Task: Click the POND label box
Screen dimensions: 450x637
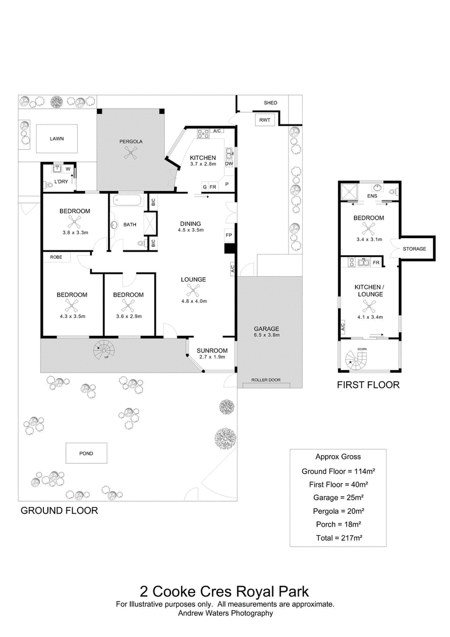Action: click(x=87, y=453)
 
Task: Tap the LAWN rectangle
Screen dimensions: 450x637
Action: click(x=57, y=139)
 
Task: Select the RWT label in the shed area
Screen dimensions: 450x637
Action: click(x=264, y=120)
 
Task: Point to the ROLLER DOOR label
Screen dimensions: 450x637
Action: click(x=265, y=380)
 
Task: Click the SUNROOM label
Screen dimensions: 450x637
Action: click(x=212, y=350)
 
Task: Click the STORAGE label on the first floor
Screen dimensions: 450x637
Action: click(x=415, y=248)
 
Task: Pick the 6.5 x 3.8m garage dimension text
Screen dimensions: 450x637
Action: click(x=267, y=335)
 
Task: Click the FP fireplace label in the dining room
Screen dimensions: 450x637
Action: click(x=228, y=235)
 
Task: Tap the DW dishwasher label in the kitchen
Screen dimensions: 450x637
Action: click(x=229, y=164)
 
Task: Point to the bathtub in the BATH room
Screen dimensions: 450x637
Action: click(x=128, y=201)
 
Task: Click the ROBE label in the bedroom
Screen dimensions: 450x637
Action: click(x=56, y=257)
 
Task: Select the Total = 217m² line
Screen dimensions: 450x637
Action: click(x=339, y=538)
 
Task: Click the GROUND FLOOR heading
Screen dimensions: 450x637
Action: click(x=59, y=511)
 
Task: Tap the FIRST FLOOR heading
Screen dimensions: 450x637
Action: click(x=368, y=385)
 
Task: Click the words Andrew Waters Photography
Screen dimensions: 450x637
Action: click(x=226, y=613)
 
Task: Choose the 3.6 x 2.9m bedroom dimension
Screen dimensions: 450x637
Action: click(x=129, y=316)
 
